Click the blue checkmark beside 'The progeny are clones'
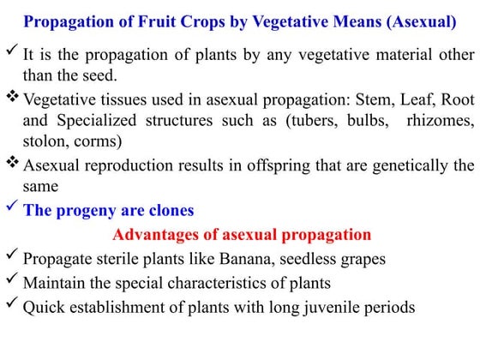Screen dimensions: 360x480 (x=11, y=208)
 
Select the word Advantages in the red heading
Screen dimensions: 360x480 (x=155, y=234)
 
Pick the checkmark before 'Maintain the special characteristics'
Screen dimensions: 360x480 (x=11, y=280)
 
